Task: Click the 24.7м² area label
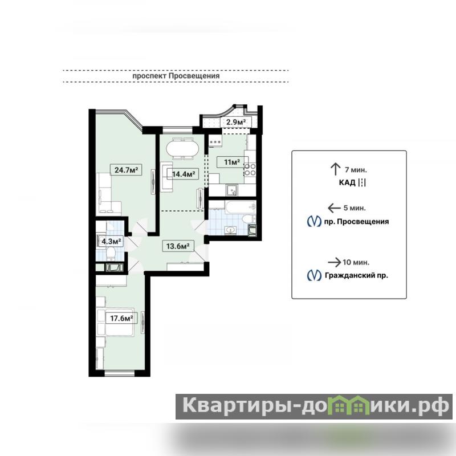click(x=126, y=170)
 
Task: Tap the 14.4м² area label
click(x=183, y=174)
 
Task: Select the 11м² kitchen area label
click(x=232, y=162)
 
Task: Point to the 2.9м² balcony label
click(x=236, y=122)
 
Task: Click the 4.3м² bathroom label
click(x=111, y=241)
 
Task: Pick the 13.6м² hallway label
click(x=178, y=246)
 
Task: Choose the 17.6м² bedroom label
click(x=121, y=318)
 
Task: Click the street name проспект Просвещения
click(x=176, y=76)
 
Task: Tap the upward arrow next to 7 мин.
click(x=335, y=169)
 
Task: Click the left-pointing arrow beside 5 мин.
click(x=334, y=208)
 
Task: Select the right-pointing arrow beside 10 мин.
click(x=335, y=262)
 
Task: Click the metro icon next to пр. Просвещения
click(x=314, y=221)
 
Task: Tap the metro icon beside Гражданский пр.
click(x=314, y=275)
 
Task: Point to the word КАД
click(x=347, y=182)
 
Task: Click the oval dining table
click(x=182, y=149)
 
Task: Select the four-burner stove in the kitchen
click(x=250, y=169)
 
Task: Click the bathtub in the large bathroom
click(x=241, y=207)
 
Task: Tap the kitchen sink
click(x=231, y=190)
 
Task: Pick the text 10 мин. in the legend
click(x=356, y=262)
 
